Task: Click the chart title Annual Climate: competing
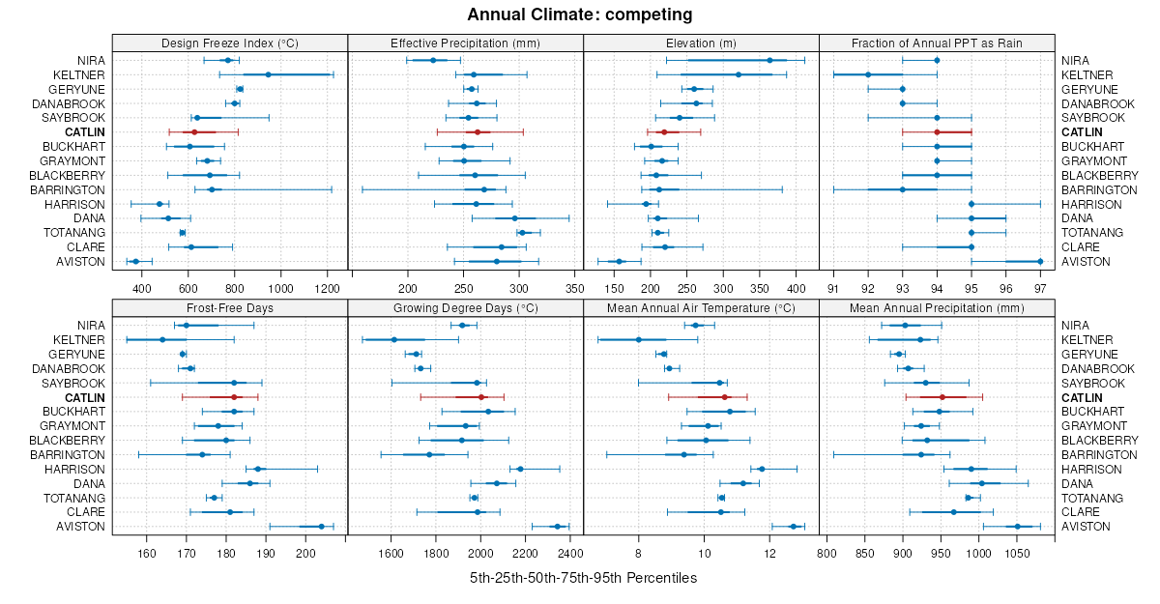point(579,14)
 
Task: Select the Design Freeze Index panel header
point(230,43)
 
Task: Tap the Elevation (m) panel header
point(701,43)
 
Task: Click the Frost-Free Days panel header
point(230,307)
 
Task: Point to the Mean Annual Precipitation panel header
point(937,307)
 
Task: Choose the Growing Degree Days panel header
point(465,307)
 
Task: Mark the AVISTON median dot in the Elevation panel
point(620,261)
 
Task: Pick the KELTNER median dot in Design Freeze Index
point(268,74)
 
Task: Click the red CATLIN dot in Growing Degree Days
point(481,397)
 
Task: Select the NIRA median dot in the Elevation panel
point(769,60)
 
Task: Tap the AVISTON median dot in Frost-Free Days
point(321,527)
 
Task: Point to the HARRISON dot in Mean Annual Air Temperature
point(762,470)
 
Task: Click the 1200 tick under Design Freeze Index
point(328,288)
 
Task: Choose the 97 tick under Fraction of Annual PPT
point(1040,288)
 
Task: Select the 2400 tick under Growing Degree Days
point(569,553)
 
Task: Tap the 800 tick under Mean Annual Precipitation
point(826,553)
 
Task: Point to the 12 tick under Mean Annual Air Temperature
point(769,553)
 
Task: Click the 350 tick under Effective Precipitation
point(574,288)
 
